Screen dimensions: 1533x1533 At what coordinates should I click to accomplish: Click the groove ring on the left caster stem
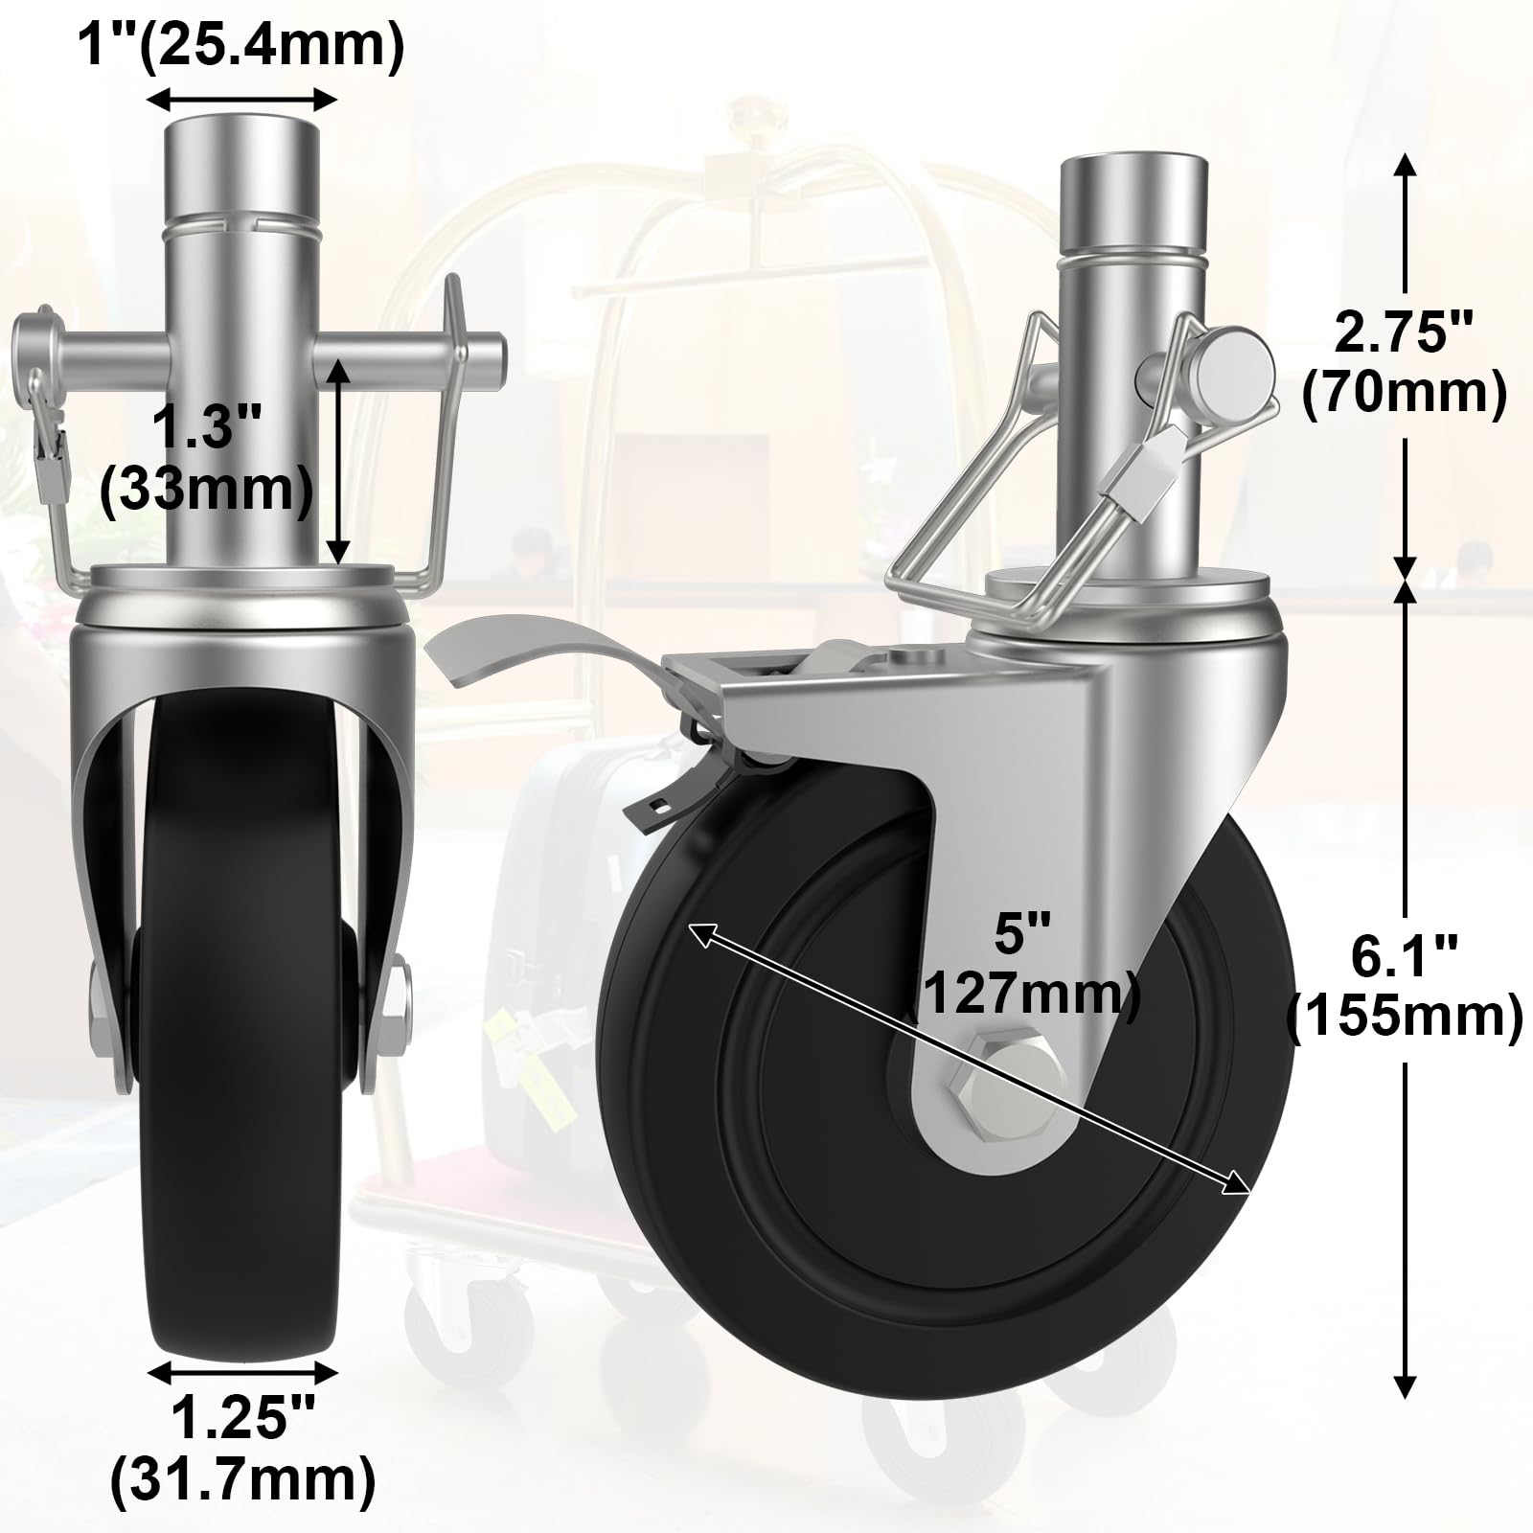(243, 227)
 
